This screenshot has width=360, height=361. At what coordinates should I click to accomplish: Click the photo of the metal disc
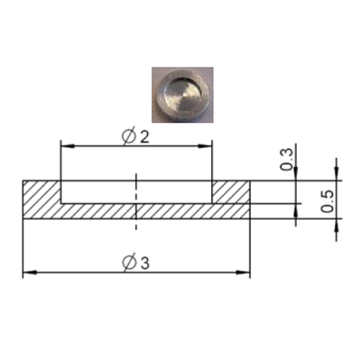click(182, 95)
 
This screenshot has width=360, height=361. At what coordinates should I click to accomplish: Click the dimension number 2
click(144, 137)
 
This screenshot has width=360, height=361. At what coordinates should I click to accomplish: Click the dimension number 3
click(144, 264)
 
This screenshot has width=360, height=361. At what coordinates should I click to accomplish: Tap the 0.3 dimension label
click(287, 160)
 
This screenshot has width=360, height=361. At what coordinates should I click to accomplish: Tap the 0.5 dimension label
click(328, 201)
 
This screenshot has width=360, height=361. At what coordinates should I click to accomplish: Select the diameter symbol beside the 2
click(129, 137)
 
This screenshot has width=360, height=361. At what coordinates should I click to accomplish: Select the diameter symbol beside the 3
click(129, 264)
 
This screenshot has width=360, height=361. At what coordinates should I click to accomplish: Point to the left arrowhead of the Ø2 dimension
click(68, 146)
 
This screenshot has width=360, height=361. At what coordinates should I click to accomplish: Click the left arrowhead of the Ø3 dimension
click(30, 273)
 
